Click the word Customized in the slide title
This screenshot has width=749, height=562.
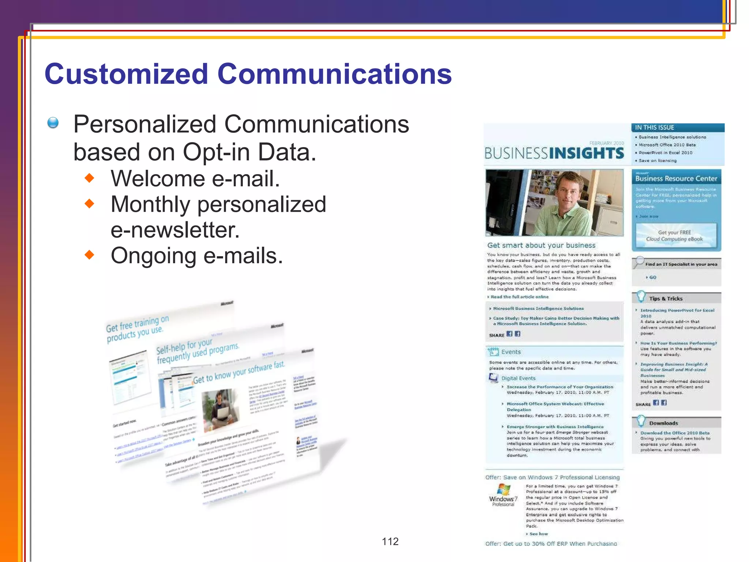pos(126,74)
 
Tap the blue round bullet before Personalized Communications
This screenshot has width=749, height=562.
pos(53,123)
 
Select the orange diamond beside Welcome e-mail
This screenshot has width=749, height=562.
pos(89,178)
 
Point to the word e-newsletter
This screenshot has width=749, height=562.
pos(175,230)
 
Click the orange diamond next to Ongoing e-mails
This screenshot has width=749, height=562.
pos(89,255)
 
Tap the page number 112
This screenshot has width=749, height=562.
pos(390,542)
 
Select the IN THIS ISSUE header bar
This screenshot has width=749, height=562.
pos(677,128)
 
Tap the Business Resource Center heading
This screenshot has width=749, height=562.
pos(676,179)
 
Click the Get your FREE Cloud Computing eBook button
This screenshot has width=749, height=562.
pos(674,236)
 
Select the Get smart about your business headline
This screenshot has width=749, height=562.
pos(541,246)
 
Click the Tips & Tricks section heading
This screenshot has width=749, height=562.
pos(666,299)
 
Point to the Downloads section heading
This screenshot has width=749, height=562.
pos(663,423)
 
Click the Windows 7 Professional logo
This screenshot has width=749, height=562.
pos(503,494)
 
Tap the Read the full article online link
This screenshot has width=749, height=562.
pos(519,297)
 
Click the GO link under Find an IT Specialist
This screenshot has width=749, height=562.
pos(652,277)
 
